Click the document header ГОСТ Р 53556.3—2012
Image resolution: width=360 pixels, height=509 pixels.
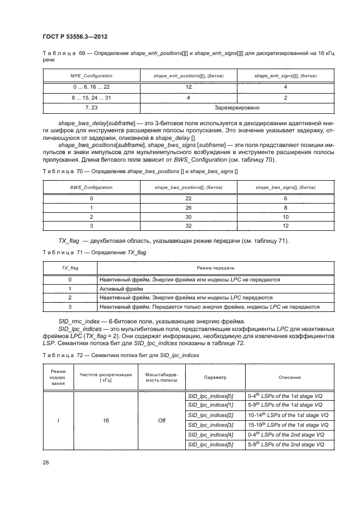pos(74,37)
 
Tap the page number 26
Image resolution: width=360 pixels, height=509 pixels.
pos(46,462)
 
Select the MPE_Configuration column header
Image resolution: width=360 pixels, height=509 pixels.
pos(91,76)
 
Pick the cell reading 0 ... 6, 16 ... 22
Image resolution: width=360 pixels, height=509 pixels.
pos(91,87)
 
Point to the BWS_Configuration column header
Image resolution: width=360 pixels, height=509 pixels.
pos(91,187)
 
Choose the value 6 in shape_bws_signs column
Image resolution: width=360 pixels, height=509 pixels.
pos(285,198)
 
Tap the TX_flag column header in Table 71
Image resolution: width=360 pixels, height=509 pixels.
pos(70,268)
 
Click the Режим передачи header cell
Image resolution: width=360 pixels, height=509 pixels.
pos(216,268)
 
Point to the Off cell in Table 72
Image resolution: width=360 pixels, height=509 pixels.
pos(162,420)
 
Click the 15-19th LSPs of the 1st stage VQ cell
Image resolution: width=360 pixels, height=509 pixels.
pos(285,425)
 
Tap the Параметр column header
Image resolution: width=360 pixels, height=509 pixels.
pos(215,377)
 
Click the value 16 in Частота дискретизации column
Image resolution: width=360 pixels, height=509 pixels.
pos(101,420)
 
